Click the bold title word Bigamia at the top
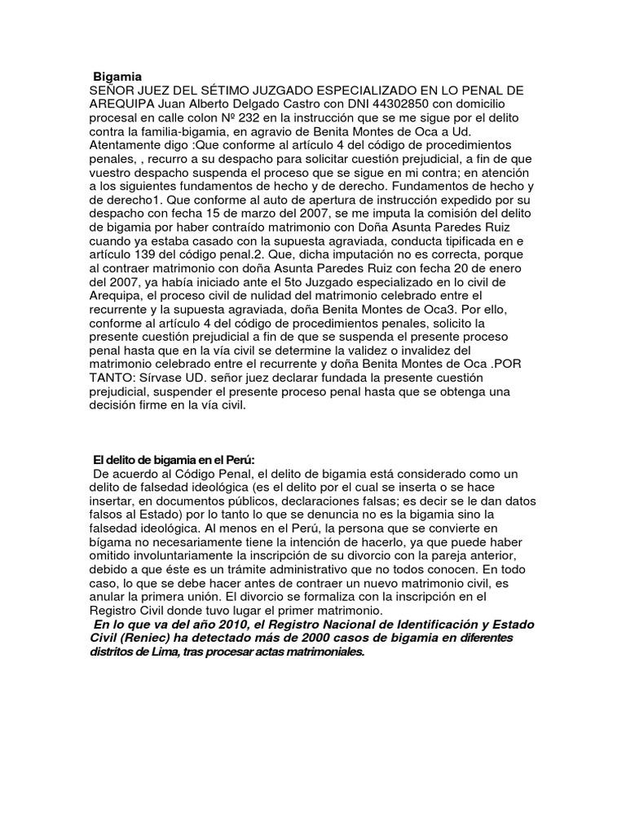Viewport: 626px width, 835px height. [x=118, y=77]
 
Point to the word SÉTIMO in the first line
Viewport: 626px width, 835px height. [x=218, y=91]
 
